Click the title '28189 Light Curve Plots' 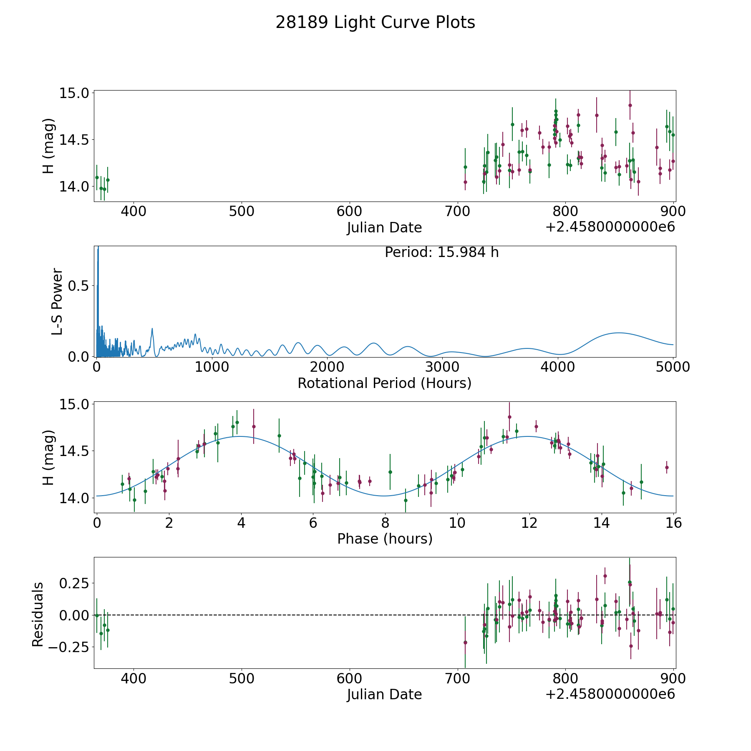375,23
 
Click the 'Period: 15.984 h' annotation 441,252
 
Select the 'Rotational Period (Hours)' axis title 384,383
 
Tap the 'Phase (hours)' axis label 385,539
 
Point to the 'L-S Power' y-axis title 57,301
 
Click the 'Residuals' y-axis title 38,614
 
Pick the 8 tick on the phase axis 385,523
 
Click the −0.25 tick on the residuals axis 69,648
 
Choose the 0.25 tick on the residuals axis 75,583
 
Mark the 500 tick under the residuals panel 242,679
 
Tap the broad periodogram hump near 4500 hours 618,333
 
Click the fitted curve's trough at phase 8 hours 385,496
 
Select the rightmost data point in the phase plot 667,467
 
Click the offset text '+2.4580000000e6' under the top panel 610,227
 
